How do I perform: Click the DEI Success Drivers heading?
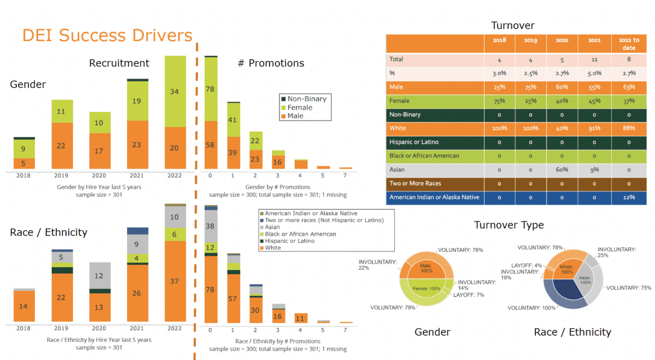tap(107, 35)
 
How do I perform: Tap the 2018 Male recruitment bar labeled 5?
tap(24, 163)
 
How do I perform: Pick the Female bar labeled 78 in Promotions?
tap(211, 88)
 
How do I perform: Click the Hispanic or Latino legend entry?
tap(290, 241)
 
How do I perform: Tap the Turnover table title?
tap(513, 25)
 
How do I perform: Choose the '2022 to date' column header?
tap(629, 44)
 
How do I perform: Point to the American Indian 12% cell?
tap(629, 197)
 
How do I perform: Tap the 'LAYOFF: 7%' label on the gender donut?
tap(469, 295)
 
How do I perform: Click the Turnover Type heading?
tap(509, 225)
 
